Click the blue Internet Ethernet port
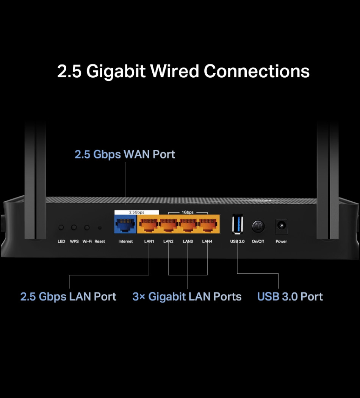pos(125,224)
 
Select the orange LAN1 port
pos(149,224)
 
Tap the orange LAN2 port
pos(169,224)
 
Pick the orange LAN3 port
pos(188,224)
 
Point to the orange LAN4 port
pos(208,224)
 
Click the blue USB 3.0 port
pos(238,224)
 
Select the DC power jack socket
pos(281,226)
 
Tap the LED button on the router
pos(61,227)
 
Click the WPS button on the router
pos(74,227)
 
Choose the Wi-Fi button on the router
pos(87,227)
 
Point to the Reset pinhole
pos(100,228)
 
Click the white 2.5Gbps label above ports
pos(136,212)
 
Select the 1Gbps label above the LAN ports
pos(188,212)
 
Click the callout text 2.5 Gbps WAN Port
pos(125,154)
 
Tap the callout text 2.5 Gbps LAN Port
pos(68,297)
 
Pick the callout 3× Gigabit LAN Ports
pos(187,296)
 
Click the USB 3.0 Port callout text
pos(290,296)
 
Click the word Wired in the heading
pos(175,71)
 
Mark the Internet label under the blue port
pos(125,241)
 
